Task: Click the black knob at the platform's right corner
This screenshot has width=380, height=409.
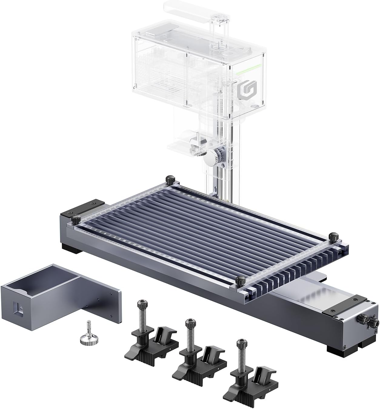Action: [334, 235]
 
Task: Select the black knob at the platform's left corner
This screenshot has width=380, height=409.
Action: [76, 218]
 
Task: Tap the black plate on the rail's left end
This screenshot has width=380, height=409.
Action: [82, 208]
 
